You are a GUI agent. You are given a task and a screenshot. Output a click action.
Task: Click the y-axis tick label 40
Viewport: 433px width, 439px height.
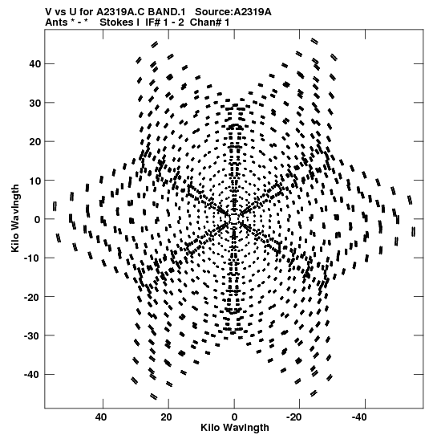coord(34,64)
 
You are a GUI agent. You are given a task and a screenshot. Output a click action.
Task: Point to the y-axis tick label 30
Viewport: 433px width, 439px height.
coord(34,103)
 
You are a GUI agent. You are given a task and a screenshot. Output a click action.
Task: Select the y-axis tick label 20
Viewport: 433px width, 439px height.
coord(34,142)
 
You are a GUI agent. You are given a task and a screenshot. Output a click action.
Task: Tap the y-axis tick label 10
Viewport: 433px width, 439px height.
coord(34,181)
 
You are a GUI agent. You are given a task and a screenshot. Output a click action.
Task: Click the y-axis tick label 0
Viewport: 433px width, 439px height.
coord(37,220)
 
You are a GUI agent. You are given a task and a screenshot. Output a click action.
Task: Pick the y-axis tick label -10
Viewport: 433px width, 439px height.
coord(32,258)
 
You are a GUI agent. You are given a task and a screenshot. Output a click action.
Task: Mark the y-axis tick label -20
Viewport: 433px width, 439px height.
coord(32,297)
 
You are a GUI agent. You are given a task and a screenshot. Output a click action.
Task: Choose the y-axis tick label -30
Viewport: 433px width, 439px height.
coord(32,336)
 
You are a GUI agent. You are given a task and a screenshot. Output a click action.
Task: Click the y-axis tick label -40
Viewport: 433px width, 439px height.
coord(32,375)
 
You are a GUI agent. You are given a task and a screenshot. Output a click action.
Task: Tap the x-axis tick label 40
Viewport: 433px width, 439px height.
coord(101,417)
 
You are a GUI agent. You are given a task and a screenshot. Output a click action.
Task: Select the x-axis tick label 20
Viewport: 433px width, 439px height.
coord(166,417)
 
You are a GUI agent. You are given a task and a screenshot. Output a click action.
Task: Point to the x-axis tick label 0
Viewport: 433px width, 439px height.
coord(234,417)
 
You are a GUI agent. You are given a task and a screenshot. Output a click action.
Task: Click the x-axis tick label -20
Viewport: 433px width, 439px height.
coord(294,417)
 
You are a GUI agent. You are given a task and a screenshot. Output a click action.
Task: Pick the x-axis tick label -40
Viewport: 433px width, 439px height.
coord(360,417)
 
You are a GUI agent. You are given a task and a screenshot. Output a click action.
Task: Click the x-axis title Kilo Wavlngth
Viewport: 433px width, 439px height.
coord(235,428)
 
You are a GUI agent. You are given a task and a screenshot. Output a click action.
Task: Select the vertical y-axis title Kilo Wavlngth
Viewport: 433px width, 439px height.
coord(15,218)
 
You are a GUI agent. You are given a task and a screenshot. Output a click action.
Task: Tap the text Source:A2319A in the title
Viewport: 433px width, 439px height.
coord(233,12)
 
